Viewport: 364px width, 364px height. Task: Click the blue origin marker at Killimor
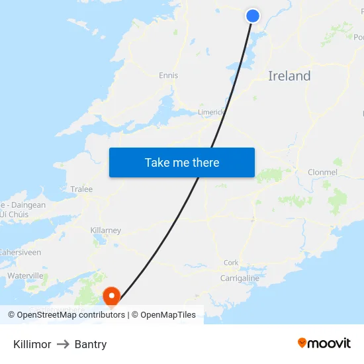[253, 16]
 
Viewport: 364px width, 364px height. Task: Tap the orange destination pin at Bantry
[112, 296]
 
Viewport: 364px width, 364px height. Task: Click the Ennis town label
[169, 75]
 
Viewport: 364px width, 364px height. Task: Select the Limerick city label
[211, 112]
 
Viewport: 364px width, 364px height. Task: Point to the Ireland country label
[289, 76]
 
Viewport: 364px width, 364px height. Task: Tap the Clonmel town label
[322, 172]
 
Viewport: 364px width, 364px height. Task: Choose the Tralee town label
[81, 189]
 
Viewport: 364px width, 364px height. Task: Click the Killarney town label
[105, 230]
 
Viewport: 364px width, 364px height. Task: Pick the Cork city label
[231, 263]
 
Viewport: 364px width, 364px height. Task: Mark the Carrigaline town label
[240, 279]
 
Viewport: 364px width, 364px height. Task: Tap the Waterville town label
[25, 275]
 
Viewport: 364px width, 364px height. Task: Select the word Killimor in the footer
[32, 344]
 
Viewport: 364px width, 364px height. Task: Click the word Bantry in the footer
[91, 344]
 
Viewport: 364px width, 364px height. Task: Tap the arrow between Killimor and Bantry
[63, 344]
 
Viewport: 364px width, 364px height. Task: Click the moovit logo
[324, 343]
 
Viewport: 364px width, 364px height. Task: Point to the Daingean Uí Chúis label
[23, 210]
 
